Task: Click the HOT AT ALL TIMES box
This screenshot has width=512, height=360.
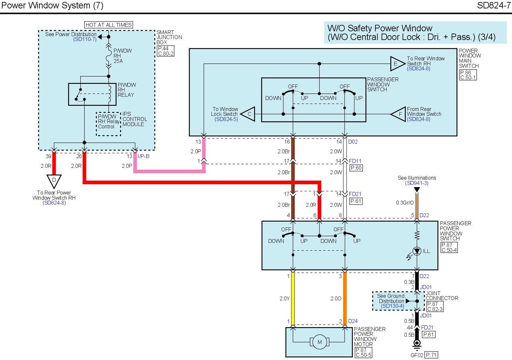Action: point(108,25)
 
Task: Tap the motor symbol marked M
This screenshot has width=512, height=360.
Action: point(320,342)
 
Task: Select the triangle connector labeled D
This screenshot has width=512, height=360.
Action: point(54,180)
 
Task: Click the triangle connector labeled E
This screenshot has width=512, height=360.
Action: point(396,64)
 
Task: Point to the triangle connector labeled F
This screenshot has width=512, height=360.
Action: point(399,114)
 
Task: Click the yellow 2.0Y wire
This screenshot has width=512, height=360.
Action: point(293,298)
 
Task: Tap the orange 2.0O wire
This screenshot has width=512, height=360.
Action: point(345,298)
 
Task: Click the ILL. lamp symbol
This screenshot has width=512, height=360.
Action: point(417,251)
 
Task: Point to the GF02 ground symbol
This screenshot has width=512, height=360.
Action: point(417,344)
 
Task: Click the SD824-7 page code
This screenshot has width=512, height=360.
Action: point(494,5)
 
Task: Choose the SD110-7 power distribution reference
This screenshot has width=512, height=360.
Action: point(85,39)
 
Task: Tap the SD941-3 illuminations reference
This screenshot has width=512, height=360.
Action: point(417,183)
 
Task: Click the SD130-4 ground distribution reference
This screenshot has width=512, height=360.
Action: point(392,306)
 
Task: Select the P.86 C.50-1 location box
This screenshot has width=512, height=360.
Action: point(468,75)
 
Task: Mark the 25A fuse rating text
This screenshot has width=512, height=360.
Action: point(118,61)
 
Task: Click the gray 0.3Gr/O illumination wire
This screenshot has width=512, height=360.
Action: point(417,203)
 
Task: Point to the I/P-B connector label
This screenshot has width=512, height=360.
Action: point(143,156)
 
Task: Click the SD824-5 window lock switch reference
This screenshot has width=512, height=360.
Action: point(226,119)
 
